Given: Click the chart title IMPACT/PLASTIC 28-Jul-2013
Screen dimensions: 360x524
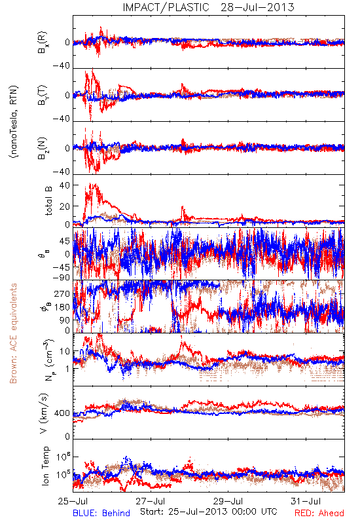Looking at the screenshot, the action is tap(208, 7).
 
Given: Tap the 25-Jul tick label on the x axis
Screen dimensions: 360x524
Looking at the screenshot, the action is tap(73, 501).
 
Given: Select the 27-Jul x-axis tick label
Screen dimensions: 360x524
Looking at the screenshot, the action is tap(151, 501).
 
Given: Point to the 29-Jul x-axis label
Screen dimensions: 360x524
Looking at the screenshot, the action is tap(228, 501).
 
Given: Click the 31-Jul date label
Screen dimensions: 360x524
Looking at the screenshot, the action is tap(306, 501).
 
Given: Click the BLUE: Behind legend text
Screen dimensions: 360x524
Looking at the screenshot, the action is tap(101, 513).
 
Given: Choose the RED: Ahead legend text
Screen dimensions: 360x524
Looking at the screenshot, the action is tap(319, 513).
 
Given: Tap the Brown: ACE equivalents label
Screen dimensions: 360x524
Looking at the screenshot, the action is tap(13, 333).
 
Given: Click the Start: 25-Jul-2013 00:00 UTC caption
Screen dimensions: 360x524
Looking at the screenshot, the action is tap(209, 512).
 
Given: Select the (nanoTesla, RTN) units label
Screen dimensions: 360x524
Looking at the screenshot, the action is tap(14, 122).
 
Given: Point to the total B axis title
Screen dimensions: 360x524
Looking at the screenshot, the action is tap(48, 201).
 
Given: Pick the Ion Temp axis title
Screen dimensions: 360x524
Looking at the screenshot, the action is tap(45, 466).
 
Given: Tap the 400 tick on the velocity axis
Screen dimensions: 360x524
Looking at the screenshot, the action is tap(62, 413).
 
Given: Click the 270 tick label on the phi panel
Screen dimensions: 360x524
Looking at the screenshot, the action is tap(62, 294).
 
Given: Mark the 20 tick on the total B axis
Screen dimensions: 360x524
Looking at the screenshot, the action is tap(65, 206).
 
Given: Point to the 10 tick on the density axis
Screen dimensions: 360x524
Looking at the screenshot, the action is tap(65, 351).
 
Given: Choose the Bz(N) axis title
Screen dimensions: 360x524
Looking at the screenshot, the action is tap(43, 148).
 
